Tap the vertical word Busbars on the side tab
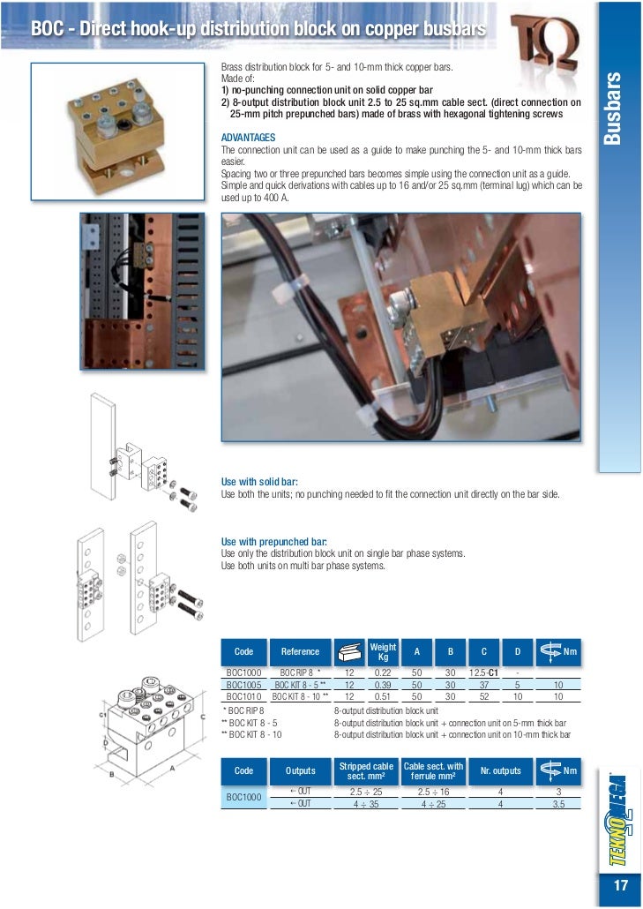point(616,109)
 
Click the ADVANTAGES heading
point(248,139)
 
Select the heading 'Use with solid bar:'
point(258,482)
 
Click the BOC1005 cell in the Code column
point(243,685)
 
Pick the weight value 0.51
point(383,696)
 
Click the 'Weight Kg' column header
point(383,652)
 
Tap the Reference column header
point(300,652)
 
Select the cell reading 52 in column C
point(483,696)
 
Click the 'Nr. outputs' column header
point(500,770)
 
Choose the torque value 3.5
point(557,804)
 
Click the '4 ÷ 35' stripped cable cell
point(365,804)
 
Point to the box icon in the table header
point(349,652)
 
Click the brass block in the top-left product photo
point(109,124)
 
